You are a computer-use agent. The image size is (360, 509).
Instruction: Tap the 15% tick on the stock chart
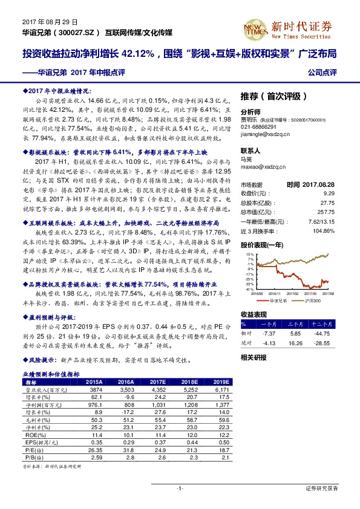pos(249,254)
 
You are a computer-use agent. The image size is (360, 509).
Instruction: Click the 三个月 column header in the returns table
pos(296,324)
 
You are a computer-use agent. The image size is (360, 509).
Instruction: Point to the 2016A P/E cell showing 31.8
pos(126,450)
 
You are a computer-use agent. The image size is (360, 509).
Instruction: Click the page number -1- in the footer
pos(180,487)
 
